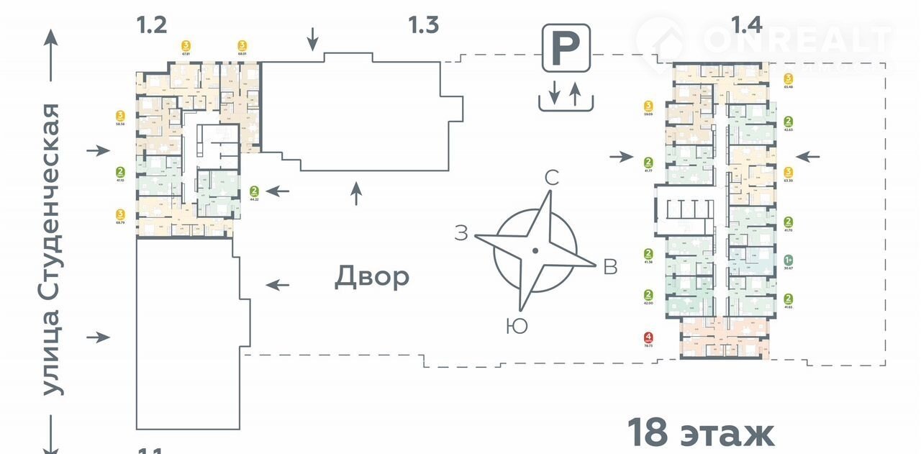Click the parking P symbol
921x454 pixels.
click(x=566, y=48)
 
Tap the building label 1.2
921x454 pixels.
click(x=152, y=26)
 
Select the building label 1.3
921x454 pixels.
click(x=423, y=26)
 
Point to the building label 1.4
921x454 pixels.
click(x=746, y=26)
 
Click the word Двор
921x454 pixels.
click(x=372, y=277)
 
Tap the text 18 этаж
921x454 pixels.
click(x=700, y=433)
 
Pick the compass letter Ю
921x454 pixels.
click(x=517, y=326)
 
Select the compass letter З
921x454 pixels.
click(x=461, y=232)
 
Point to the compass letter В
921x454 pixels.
click(x=610, y=267)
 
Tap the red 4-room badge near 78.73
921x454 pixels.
click(x=649, y=337)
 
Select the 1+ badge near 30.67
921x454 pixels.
click(x=789, y=260)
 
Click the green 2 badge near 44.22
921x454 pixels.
click(x=254, y=191)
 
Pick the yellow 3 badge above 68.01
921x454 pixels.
click(x=242, y=44)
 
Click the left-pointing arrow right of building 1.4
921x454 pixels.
click(x=808, y=156)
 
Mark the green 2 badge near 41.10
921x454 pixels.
click(x=120, y=172)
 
